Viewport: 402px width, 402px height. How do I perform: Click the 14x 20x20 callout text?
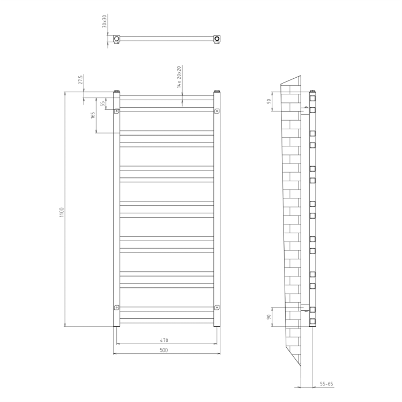[x=180, y=77]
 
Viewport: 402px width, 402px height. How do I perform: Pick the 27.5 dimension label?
[x=80, y=80]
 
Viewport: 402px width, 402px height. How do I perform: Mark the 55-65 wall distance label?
[x=326, y=384]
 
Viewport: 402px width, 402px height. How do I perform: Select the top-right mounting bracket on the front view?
[x=217, y=111]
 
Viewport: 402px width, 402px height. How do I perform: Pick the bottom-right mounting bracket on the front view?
[x=217, y=307]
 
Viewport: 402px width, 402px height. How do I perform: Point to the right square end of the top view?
[x=217, y=39]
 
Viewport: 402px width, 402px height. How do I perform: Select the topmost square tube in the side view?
[x=312, y=98]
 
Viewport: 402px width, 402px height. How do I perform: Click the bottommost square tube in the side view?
[x=312, y=321]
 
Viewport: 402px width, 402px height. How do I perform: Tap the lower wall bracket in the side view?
[x=305, y=308]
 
